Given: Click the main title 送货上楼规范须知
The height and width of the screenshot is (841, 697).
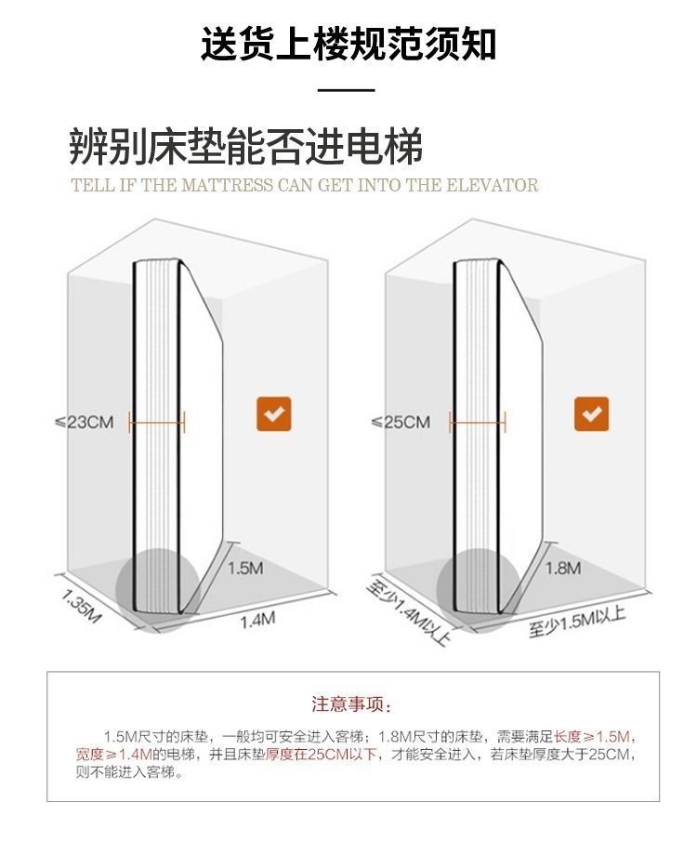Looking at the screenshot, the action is [348, 44].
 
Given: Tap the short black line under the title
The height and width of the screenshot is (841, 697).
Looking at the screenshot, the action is [346, 91].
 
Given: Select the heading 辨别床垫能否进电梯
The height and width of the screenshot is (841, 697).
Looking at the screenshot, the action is [246, 148].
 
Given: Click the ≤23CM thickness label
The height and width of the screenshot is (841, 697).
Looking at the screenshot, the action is [84, 423].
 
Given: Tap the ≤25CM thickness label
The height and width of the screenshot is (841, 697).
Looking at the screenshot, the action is [401, 423].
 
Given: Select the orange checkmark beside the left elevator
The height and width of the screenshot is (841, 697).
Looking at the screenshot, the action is [274, 414].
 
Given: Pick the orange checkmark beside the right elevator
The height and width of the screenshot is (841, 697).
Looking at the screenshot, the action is [591, 414].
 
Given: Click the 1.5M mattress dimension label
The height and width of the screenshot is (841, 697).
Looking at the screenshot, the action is [244, 568].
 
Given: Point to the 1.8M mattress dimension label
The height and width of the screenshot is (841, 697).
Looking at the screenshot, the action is [562, 568].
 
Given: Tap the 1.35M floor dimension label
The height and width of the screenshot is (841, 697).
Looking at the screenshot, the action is [81, 606].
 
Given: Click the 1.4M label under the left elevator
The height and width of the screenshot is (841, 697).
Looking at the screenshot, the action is [258, 619].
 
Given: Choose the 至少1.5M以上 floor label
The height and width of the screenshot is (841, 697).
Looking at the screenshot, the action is [577, 620].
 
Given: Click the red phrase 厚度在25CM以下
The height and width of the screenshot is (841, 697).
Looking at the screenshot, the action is [321, 754].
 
